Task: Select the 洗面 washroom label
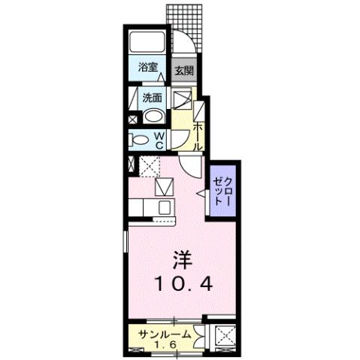pyautogui.click(x=153, y=98)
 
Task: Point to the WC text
pyautogui.click(x=159, y=138)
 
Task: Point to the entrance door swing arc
pyautogui.click(x=186, y=45)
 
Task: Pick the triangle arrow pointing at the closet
pyautogui.click(x=201, y=195)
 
